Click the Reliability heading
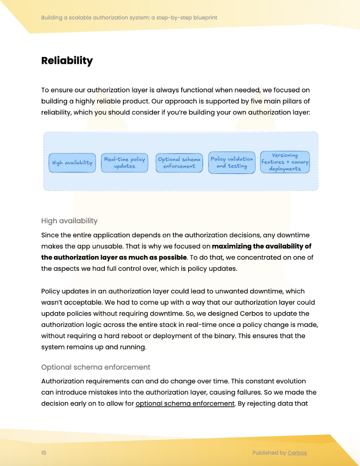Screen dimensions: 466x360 click(67, 61)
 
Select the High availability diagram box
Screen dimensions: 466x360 click(72, 162)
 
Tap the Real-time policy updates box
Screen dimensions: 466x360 click(124, 162)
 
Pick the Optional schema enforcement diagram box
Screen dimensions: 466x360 click(179, 162)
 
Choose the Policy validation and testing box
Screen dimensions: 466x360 click(232, 162)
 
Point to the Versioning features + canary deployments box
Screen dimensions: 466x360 click(285, 162)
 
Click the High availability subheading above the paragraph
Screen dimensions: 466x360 click(69, 221)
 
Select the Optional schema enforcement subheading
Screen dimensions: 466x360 click(95, 367)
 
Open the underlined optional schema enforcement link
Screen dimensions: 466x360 click(185, 403)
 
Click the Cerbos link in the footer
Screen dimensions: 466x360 click(297, 453)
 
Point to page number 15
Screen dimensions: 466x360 click(44, 453)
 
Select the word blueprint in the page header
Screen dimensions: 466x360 click(205, 18)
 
